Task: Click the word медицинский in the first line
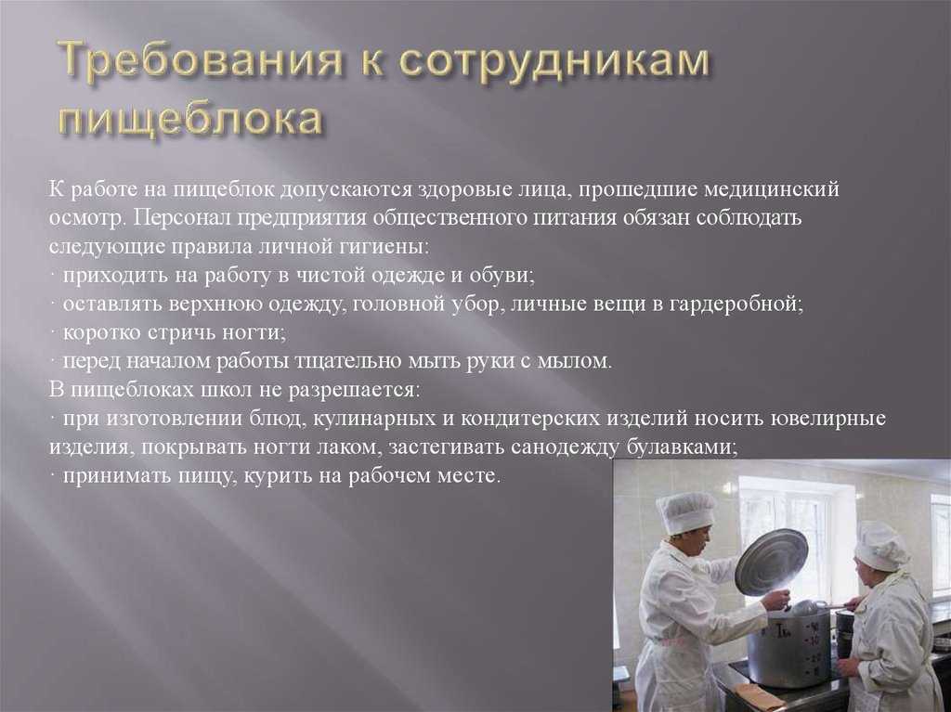point(771,189)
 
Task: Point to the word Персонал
point(180,217)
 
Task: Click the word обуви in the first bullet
point(501,276)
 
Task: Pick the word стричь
point(184,333)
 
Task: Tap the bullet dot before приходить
point(53,274)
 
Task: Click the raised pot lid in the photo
point(772,562)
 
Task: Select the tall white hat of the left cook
point(686,511)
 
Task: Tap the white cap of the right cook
point(880,546)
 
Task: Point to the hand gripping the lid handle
point(777,601)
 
